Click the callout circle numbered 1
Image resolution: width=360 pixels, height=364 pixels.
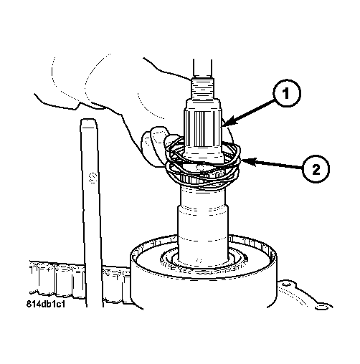287,93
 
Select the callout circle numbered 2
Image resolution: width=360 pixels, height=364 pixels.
316,170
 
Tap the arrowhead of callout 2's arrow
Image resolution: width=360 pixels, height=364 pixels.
247,162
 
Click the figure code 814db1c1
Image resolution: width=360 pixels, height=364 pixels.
45,305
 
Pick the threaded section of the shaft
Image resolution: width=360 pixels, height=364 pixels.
202,89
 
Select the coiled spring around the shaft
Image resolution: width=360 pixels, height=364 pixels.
203,165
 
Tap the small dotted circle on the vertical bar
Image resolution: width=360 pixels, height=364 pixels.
92,177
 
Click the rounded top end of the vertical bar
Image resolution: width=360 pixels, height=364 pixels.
88,121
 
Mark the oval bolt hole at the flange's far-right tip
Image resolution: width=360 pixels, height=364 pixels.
321,307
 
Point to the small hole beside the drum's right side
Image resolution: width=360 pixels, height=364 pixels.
284,284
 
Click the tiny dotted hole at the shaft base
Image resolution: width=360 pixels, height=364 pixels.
199,260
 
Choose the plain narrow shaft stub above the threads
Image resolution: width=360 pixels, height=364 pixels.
202,69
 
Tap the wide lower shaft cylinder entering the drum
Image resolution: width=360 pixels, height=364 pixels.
202,234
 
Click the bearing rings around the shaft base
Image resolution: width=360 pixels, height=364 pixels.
203,264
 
